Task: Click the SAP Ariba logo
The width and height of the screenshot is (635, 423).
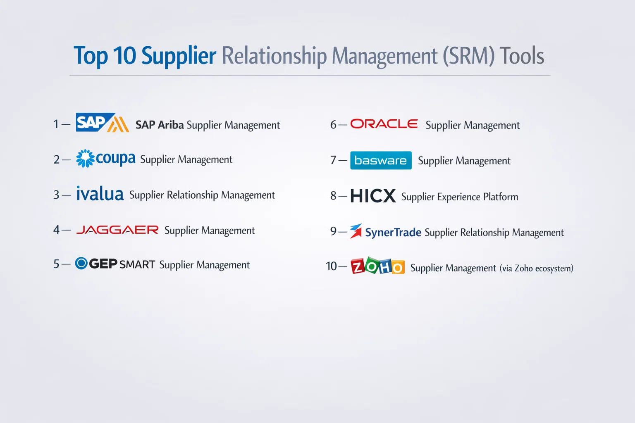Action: [x=103, y=122]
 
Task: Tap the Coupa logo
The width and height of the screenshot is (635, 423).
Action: [x=105, y=159]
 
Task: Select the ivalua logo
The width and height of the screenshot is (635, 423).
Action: [x=100, y=194]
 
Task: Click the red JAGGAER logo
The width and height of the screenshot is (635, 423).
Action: [x=117, y=230]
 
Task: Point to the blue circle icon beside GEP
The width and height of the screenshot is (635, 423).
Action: [x=81, y=263]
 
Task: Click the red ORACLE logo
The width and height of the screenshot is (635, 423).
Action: [x=384, y=124]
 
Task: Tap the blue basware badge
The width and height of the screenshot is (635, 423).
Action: [x=381, y=160]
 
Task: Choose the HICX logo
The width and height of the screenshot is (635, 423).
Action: [x=373, y=195]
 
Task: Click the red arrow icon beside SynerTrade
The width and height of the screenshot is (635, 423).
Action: [x=356, y=231]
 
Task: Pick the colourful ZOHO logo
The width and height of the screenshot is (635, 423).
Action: [x=377, y=266]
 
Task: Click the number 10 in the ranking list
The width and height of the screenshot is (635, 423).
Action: [x=331, y=266]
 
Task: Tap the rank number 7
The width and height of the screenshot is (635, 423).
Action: [x=333, y=160]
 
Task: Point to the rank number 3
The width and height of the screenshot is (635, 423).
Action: [x=56, y=195]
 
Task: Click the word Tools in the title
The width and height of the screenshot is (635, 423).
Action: [x=522, y=56]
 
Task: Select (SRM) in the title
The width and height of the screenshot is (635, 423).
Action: [x=468, y=56]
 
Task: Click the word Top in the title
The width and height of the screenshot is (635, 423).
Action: [x=91, y=56]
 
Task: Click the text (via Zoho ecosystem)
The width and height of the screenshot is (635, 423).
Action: [x=536, y=269]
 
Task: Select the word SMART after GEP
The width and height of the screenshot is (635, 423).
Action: [x=137, y=265]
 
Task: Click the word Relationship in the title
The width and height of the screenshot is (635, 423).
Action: [x=274, y=56]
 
